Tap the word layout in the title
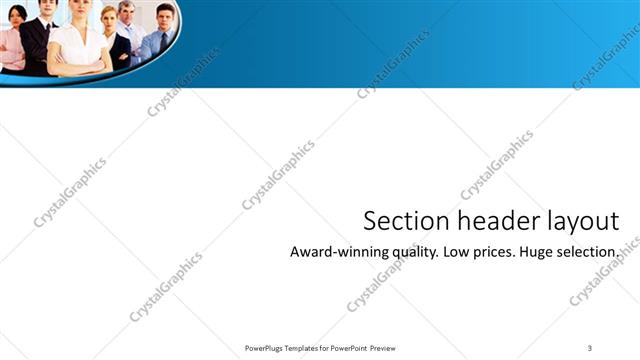click(576, 221)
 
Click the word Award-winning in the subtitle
click(335, 252)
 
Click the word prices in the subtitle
click(495, 252)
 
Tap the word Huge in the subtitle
click(540, 252)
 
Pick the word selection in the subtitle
click(592, 252)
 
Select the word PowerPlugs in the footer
click(265, 347)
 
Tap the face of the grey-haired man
click(125, 11)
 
